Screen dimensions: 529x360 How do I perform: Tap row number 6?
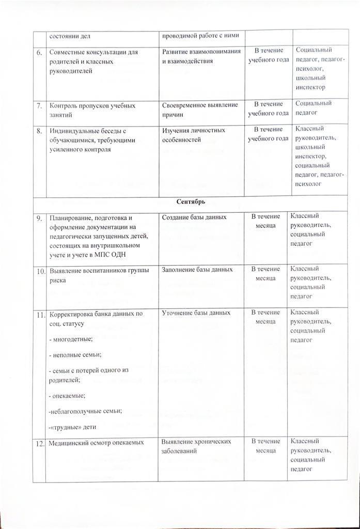(39, 52)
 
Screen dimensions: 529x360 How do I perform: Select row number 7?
(39, 105)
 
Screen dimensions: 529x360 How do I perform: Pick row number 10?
(40, 270)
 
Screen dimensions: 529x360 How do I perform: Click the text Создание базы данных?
(194, 217)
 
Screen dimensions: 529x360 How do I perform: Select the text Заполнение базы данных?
(197, 270)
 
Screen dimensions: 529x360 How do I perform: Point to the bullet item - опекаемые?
(67, 395)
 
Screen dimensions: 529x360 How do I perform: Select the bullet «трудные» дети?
(72, 427)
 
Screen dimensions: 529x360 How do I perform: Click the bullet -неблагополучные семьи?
(84, 411)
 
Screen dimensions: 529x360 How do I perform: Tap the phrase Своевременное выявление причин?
(200, 109)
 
